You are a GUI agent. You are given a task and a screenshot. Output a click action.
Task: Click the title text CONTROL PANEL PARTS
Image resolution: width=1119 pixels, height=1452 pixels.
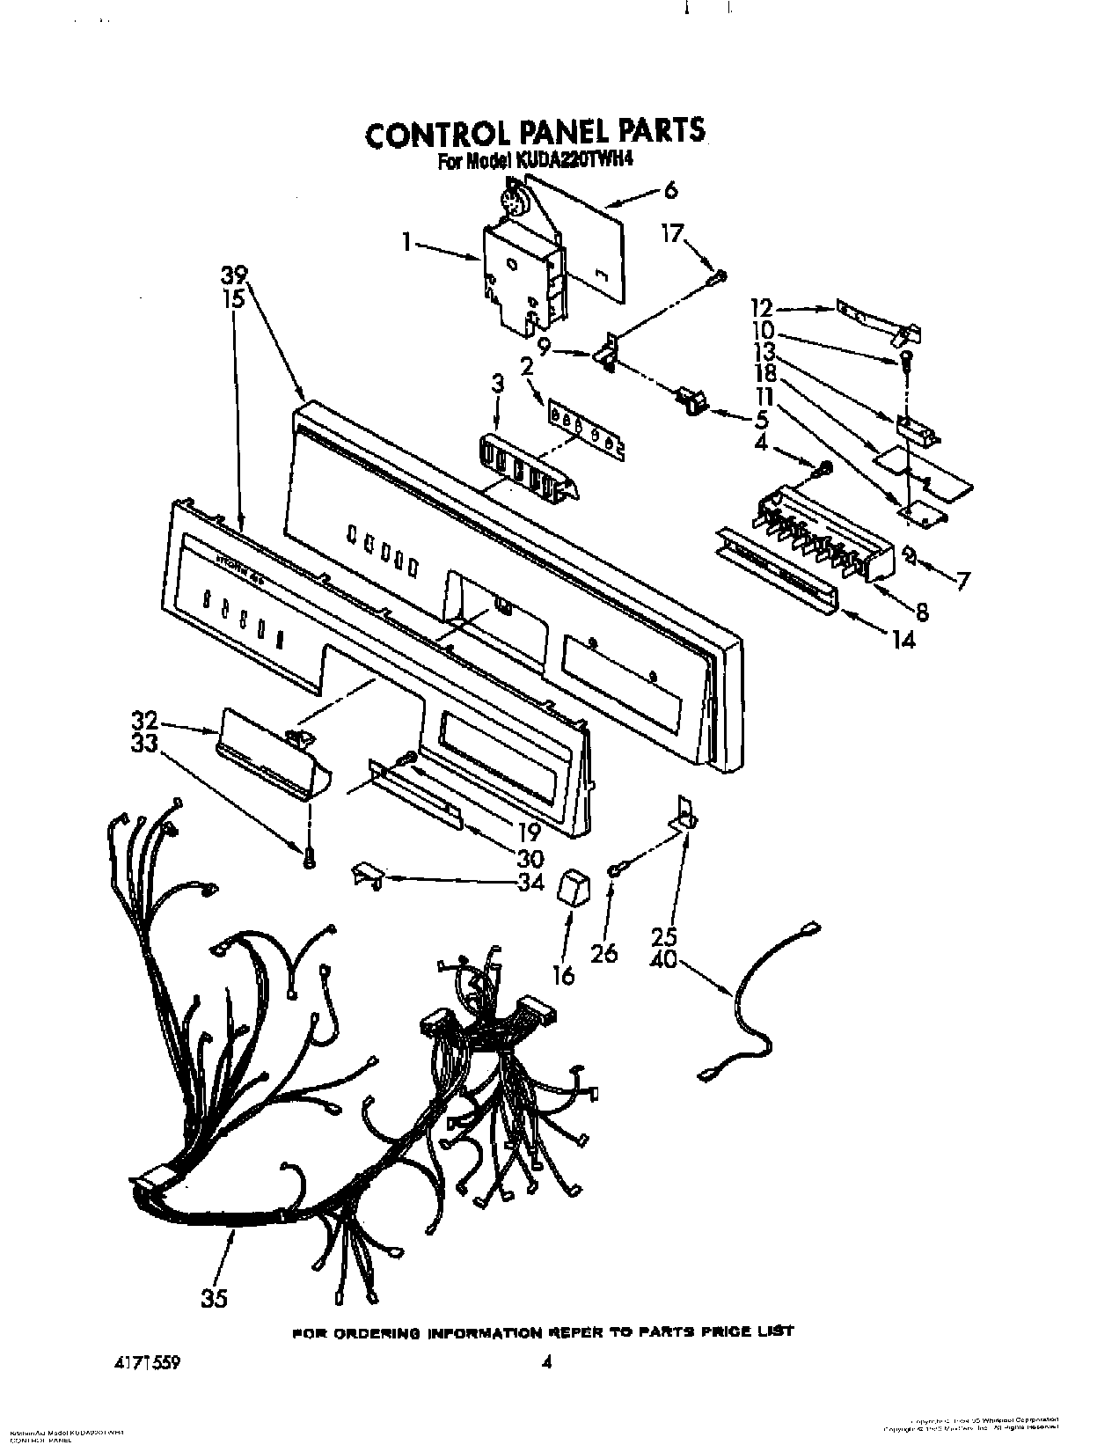[534, 133]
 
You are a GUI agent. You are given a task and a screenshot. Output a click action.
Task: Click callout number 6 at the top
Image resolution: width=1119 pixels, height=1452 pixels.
[670, 189]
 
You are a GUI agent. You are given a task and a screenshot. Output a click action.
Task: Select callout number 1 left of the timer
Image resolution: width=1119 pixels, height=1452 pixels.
[407, 243]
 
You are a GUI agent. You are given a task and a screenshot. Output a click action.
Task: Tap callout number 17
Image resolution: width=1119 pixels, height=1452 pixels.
[672, 235]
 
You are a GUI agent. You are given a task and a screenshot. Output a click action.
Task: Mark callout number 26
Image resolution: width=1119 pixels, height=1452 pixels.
[606, 952]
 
